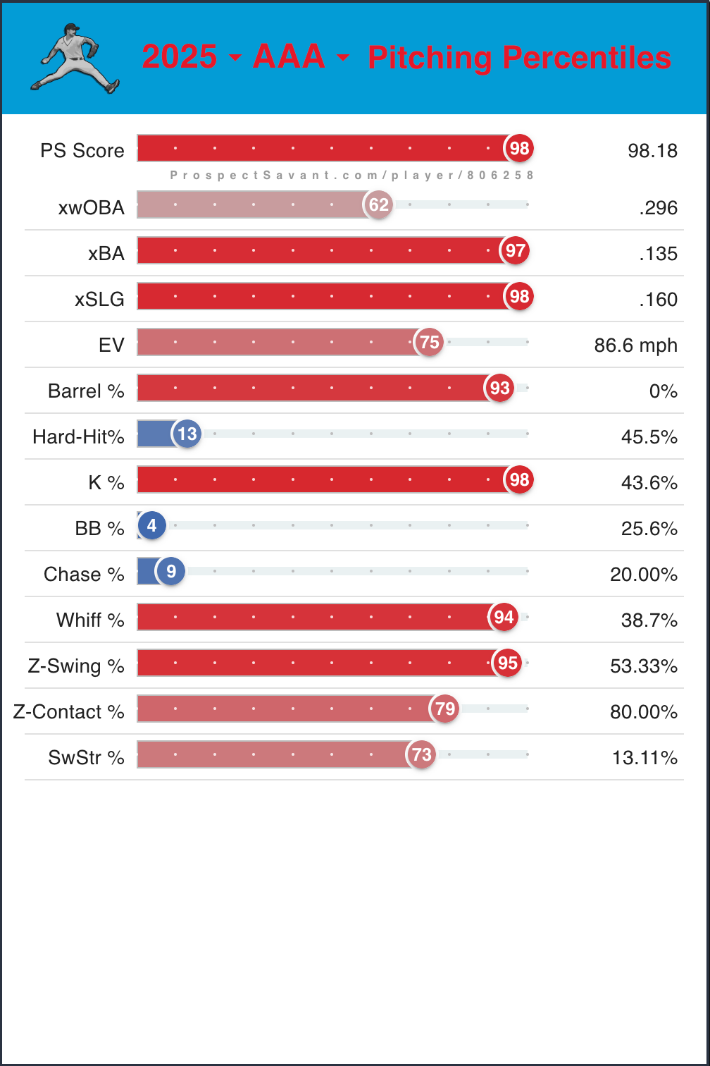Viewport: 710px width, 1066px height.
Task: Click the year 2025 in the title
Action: [x=180, y=57]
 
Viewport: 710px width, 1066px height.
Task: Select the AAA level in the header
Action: [x=289, y=57]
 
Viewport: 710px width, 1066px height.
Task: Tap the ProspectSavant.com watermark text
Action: [x=352, y=175]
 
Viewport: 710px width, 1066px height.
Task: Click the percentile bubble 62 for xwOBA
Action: [x=379, y=204]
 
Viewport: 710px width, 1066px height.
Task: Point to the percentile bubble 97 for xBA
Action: [x=515, y=250]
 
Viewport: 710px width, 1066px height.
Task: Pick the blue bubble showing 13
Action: [x=187, y=434]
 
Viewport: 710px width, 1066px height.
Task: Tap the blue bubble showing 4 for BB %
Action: [x=152, y=525]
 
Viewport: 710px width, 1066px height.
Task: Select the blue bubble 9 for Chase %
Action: [x=171, y=571]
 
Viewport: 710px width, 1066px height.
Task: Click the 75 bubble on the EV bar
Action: [x=429, y=343]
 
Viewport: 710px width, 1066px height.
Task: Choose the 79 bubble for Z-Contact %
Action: [x=445, y=709]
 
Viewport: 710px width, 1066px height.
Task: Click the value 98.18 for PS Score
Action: [x=652, y=151]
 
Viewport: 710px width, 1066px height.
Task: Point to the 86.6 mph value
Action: [x=636, y=345]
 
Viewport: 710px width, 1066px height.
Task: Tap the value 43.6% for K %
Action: [x=649, y=483]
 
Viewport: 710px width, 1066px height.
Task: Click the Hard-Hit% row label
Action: [x=78, y=437]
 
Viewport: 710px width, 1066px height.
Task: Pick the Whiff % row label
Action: [x=90, y=620]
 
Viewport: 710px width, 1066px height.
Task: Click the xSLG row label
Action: [x=99, y=300]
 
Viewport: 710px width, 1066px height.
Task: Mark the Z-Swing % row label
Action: [x=76, y=666]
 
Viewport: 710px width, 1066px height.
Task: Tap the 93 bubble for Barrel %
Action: [x=499, y=388]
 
